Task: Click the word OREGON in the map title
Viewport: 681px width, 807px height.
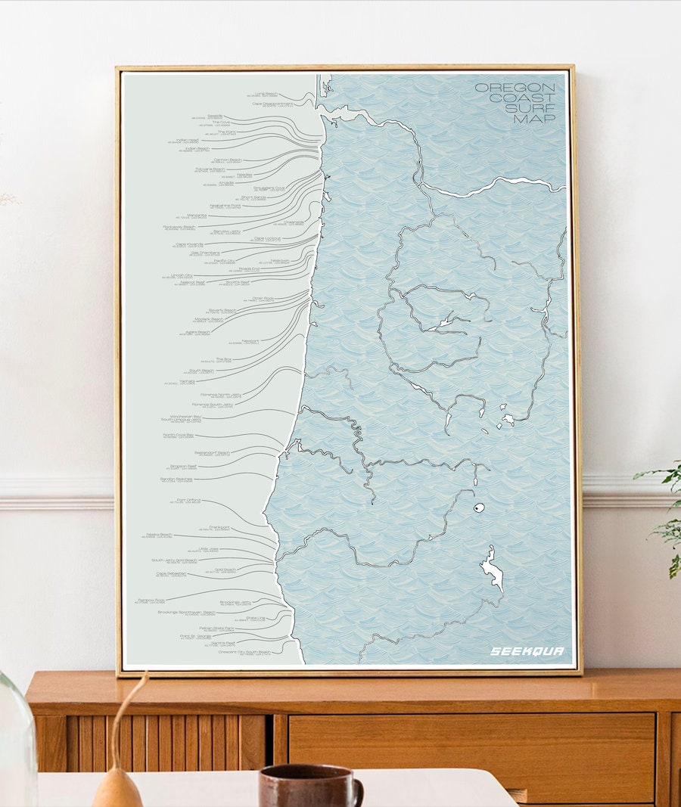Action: (515, 88)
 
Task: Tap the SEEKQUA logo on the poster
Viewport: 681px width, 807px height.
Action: (527, 651)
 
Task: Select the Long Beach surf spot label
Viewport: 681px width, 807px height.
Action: (266, 94)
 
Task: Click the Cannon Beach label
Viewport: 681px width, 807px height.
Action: (226, 160)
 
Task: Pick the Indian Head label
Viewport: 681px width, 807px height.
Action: (187, 140)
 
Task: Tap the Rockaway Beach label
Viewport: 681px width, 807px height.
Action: (179, 226)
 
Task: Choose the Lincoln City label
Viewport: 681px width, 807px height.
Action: (182, 275)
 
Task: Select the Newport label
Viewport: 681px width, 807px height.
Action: (250, 340)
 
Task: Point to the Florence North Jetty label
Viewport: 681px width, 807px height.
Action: (221, 394)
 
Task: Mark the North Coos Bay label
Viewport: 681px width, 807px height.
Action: (178, 435)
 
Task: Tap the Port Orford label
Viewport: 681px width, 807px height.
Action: (188, 500)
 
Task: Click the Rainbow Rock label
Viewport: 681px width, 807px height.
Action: (150, 600)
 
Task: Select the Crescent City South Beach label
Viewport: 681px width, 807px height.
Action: (244, 651)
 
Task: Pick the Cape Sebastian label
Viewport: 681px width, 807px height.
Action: (171, 573)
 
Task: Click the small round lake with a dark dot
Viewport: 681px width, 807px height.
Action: (478, 509)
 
